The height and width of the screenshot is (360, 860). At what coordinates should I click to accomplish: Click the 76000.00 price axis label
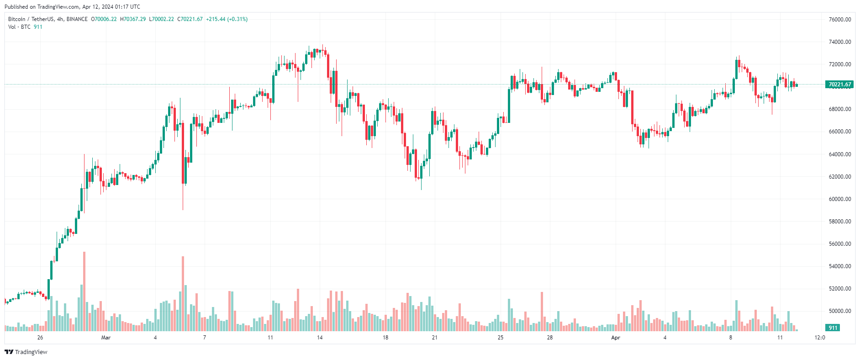click(x=840, y=20)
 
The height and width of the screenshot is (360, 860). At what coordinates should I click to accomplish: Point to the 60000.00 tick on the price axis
click(x=840, y=199)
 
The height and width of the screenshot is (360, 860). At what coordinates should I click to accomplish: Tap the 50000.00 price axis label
click(x=840, y=311)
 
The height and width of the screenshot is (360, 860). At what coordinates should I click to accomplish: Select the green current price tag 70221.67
click(x=839, y=85)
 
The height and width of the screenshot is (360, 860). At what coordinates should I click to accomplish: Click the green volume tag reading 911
click(x=833, y=328)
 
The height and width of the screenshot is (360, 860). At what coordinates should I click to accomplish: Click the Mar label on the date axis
click(x=106, y=338)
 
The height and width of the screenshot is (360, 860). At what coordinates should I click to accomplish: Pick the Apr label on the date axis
click(x=616, y=338)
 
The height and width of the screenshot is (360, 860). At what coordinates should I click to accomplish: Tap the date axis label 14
click(x=320, y=338)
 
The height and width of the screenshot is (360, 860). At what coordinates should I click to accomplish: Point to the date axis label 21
click(x=434, y=338)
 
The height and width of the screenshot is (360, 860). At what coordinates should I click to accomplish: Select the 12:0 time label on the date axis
click(x=820, y=338)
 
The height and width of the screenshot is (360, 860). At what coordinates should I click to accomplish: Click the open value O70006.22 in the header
click(x=104, y=19)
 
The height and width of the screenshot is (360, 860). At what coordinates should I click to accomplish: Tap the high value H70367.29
click(x=133, y=19)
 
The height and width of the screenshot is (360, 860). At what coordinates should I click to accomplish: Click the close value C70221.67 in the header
click(x=190, y=19)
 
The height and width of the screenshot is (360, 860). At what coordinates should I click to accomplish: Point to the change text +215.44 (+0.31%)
click(x=227, y=19)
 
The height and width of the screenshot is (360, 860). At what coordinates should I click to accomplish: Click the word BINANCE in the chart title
click(x=77, y=19)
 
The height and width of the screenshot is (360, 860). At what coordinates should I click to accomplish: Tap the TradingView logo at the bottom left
click(x=26, y=352)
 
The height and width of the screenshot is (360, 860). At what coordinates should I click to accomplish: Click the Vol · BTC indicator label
click(x=19, y=27)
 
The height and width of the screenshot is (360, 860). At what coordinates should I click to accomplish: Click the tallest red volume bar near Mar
click(x=84, y=291)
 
